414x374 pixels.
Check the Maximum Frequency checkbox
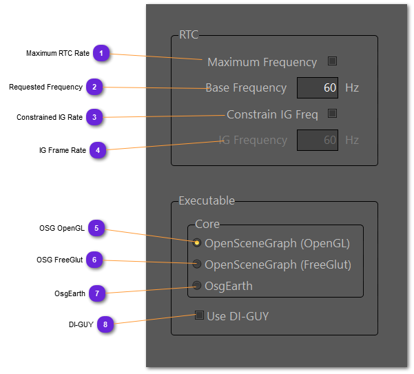(x=332, y=61)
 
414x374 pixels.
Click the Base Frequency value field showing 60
(x=318, y=88)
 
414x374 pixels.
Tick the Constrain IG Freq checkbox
(x=332, y=114)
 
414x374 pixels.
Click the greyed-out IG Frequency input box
(x=318, y=140)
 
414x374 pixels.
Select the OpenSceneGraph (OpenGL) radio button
(x=197, y=243)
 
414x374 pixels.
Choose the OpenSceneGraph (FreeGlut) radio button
(x=197, y=264)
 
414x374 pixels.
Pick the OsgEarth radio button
(x=197, y=286)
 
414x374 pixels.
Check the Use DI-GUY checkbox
(x=200, y=316)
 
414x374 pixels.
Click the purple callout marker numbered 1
(x=101, y=53)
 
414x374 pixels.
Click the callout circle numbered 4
(x=98, y=150)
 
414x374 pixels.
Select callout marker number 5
(x=97, y=228)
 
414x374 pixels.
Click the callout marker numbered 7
(x=97, y=293)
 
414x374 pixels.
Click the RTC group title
(x=189, y=35)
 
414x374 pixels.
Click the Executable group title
(x=207, y=201)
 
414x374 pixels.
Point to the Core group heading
(x=207, y=225)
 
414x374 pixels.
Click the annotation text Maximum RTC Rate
(x=59, y=53)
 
